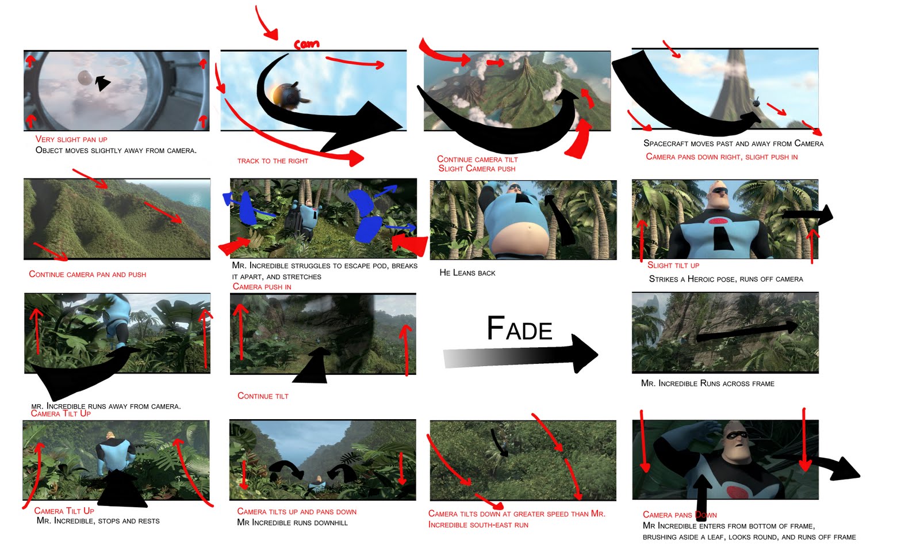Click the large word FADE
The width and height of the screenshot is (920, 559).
[x=519, y=329]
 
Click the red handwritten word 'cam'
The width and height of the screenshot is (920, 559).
[x=306, y=44]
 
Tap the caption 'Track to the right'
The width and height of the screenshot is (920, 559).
[x=273, y=161]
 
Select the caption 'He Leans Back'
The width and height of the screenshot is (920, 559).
[x=467, y=273]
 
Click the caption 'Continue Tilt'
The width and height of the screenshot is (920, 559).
[x=263, y=396]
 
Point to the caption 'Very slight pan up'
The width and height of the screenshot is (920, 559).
[x=71, y=139]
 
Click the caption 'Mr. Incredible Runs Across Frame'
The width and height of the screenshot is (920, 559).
[x=707, y=383]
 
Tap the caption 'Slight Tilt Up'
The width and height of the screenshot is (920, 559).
[x=673, y=265]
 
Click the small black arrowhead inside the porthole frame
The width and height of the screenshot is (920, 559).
[x=102, y=83]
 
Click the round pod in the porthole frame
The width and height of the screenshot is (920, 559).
[x=84, y=77]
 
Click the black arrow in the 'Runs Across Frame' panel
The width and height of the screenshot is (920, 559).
[x=747, y=331]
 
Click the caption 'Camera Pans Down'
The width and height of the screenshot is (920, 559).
[x=679, y=515]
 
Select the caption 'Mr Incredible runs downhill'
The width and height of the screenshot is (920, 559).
[x=292, y=523]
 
